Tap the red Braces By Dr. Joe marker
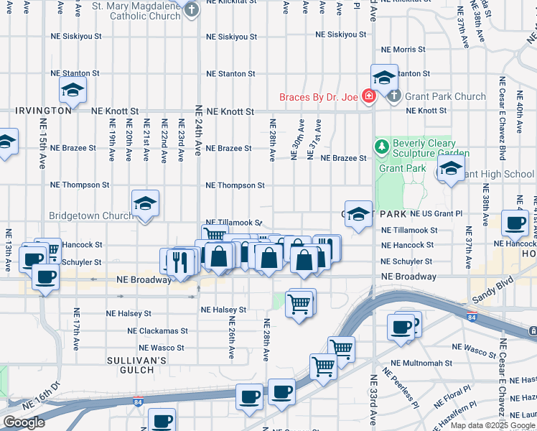(x=368, y=96)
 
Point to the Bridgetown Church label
(x=90, y=215)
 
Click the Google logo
(x=24, y=422)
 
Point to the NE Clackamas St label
(x=157, y=331)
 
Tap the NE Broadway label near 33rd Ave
(x=408, y=277)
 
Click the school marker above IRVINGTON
(x=72, y=90)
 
